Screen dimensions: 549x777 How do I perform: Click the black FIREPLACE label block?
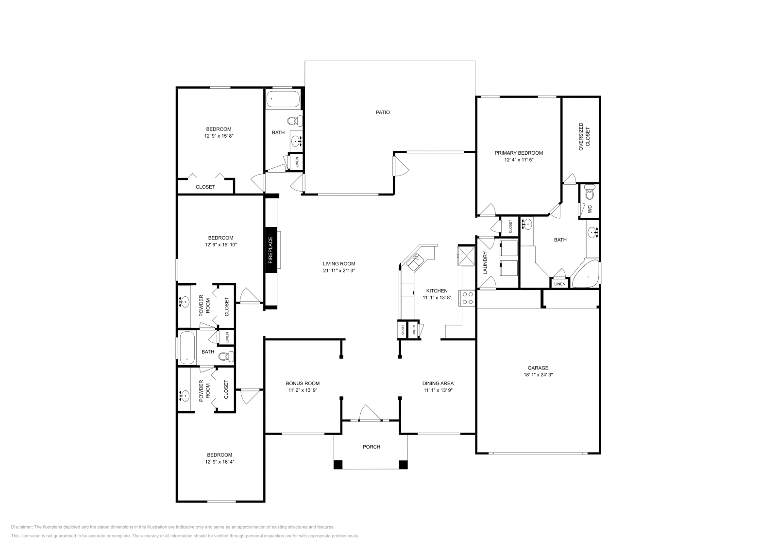point(271,248)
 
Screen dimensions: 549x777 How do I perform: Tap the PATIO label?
point(383,113)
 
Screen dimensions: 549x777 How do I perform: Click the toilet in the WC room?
point(590,193)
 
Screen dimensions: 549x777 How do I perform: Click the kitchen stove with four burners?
point(468,298)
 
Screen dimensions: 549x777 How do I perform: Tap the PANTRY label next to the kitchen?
point(414,330)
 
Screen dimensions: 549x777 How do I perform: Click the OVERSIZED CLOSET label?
point(584,139)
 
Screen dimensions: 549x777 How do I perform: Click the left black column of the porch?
point(338,465)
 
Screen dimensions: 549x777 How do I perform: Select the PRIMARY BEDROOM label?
point(519,153)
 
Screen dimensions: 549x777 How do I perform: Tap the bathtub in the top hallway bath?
point(283,100)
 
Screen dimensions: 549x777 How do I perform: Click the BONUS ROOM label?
point(303,383)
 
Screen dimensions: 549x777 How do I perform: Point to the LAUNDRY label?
point(485,263)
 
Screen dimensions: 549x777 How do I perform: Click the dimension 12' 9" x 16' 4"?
point(220,462)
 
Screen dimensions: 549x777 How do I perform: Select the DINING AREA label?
point(439,383)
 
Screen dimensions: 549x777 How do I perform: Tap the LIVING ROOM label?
point(339,264)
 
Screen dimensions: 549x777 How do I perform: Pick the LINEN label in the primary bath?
point(560,284)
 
